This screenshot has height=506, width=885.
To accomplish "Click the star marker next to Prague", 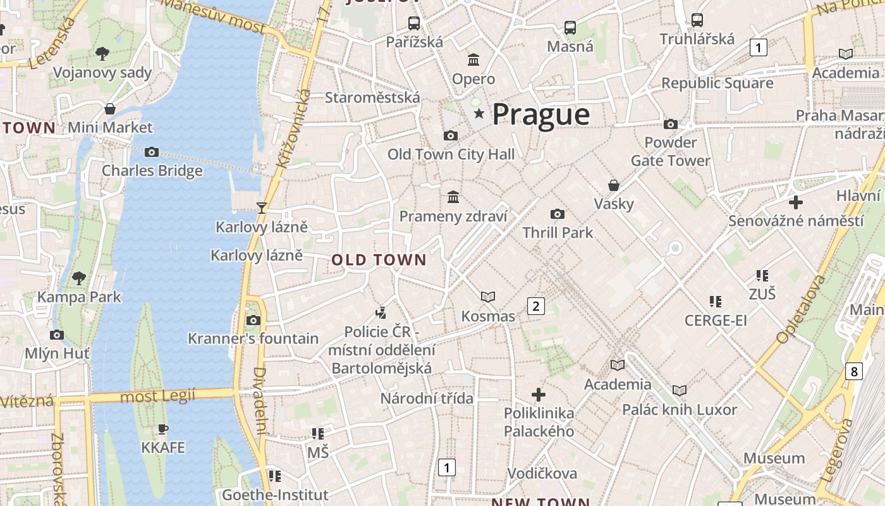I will [479, 114].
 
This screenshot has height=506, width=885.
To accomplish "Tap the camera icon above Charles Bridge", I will [152, 152].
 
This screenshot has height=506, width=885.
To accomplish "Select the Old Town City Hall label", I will [451, 154].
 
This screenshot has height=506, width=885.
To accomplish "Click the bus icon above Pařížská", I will [414, 23].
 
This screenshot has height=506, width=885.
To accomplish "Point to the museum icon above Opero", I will [473, 60].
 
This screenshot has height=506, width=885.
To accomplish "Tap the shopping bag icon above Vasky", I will [613, 185].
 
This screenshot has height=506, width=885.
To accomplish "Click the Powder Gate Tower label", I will [670, 151].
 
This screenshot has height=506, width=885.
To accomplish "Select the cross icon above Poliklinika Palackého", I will [539, 395].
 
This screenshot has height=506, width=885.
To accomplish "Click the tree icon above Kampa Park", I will [79, 277].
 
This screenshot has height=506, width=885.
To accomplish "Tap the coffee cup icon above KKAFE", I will [163, 429].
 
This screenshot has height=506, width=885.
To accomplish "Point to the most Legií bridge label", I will [157, 397].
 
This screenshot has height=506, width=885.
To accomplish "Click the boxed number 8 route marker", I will [854, 371].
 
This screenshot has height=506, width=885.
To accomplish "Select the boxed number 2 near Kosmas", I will [536, 306].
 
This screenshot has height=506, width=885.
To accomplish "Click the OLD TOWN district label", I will [379, 260].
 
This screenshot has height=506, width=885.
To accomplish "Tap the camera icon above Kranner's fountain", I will [253, 320].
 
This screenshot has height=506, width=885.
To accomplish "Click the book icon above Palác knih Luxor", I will [680, 390].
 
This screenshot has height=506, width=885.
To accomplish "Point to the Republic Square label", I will [717, 83].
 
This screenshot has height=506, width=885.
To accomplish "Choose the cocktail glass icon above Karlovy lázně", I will [261, 207].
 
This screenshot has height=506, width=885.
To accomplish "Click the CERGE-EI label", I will [716, 320].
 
